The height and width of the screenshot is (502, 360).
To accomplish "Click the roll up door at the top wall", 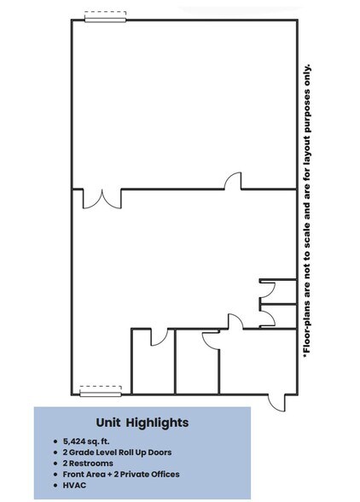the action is click(x=105, y=20).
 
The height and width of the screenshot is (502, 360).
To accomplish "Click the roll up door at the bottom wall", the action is click(x=101, y=394).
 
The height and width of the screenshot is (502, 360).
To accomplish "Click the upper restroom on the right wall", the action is click(x=278, y=292).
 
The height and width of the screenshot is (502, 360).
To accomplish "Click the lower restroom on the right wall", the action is click(x=278, y=316).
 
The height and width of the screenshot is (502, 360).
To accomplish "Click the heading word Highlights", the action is click(x=157, y=423).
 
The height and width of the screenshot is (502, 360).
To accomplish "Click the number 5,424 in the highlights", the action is click(x=74, y=441).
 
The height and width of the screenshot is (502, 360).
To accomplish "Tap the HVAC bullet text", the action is click(x=74, y=485).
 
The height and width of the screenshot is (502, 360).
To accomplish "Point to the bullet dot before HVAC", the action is click(x=55, y=485).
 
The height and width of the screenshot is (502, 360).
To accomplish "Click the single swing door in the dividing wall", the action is click(x=233, y=181).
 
